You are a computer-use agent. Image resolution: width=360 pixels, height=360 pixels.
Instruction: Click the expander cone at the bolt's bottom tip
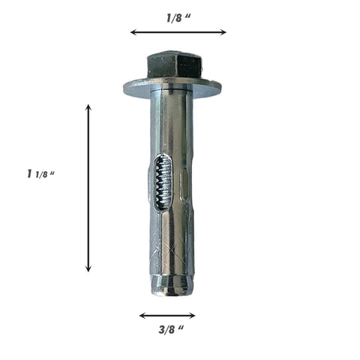(x=172, y=283)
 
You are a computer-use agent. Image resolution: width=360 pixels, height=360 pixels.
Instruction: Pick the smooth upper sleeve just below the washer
(x=172, y=120)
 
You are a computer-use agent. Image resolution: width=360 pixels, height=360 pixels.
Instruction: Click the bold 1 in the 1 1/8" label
(x=28, y=173)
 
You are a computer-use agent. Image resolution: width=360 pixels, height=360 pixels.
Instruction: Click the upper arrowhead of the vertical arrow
(x=88, y=108)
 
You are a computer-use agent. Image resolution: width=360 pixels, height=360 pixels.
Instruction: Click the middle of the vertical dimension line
(x=88, y=187)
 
